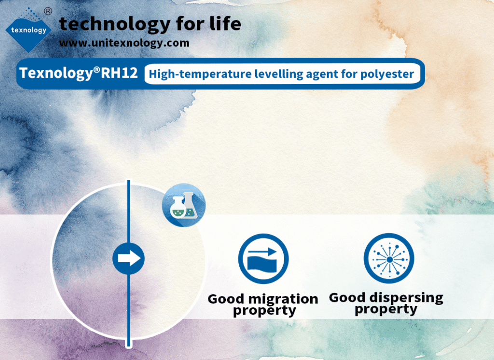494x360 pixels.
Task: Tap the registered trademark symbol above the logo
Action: (48, 12)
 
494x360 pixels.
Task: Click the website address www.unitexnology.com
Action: (124, 43)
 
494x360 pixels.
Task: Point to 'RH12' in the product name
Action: (120, 73)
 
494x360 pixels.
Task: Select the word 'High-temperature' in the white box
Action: (200, 74)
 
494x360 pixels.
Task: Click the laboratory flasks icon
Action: (184, 205)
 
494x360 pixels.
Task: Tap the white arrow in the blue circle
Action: (129, 259)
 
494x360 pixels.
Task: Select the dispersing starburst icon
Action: (389, 259)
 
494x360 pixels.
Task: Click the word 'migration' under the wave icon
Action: (284, 299)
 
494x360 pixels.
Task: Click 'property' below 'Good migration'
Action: (265, 311)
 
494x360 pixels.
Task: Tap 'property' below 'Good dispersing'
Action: (386, 309)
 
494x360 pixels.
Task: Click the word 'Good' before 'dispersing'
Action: (347, 298)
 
